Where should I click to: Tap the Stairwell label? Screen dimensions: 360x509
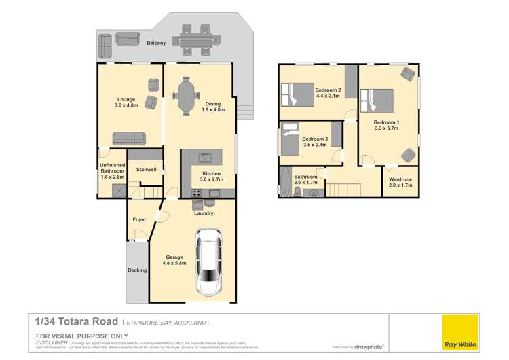(x=147, y=169)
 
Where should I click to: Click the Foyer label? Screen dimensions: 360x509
(x=139, y=219)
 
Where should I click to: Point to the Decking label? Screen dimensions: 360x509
(x=137, y=270)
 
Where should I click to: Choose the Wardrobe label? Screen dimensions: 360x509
(x=400, y=179)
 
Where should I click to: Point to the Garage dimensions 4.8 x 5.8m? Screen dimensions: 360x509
(x=175, y=264)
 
